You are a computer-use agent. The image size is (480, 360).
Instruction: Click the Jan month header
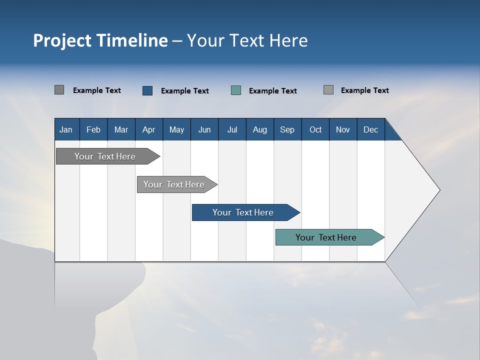tap(66, 129)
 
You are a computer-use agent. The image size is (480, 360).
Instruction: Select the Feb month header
tap(93, 129)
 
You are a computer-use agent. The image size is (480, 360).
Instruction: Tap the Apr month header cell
tap(149, 129)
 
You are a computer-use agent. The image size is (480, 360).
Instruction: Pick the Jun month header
tap(204, 129)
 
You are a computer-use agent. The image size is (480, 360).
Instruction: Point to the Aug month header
tap(260, 129)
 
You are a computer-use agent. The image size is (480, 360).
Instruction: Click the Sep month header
tap(287, 129)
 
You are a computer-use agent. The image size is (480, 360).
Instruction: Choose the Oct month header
tap(315, 129)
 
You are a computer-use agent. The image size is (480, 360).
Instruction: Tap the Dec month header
tap(371, 129)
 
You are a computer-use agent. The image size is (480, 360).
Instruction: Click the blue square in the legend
tap(147, 90)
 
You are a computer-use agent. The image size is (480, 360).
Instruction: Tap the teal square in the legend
tap(236, 90)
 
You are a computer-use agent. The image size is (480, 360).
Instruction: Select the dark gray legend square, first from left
tap(59, 90)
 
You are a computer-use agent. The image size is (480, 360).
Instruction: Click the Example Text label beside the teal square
tap(273, 91)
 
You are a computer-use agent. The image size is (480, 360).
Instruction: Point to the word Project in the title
tap(62, 41)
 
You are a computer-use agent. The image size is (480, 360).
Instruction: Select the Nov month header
tap(343, 129)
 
